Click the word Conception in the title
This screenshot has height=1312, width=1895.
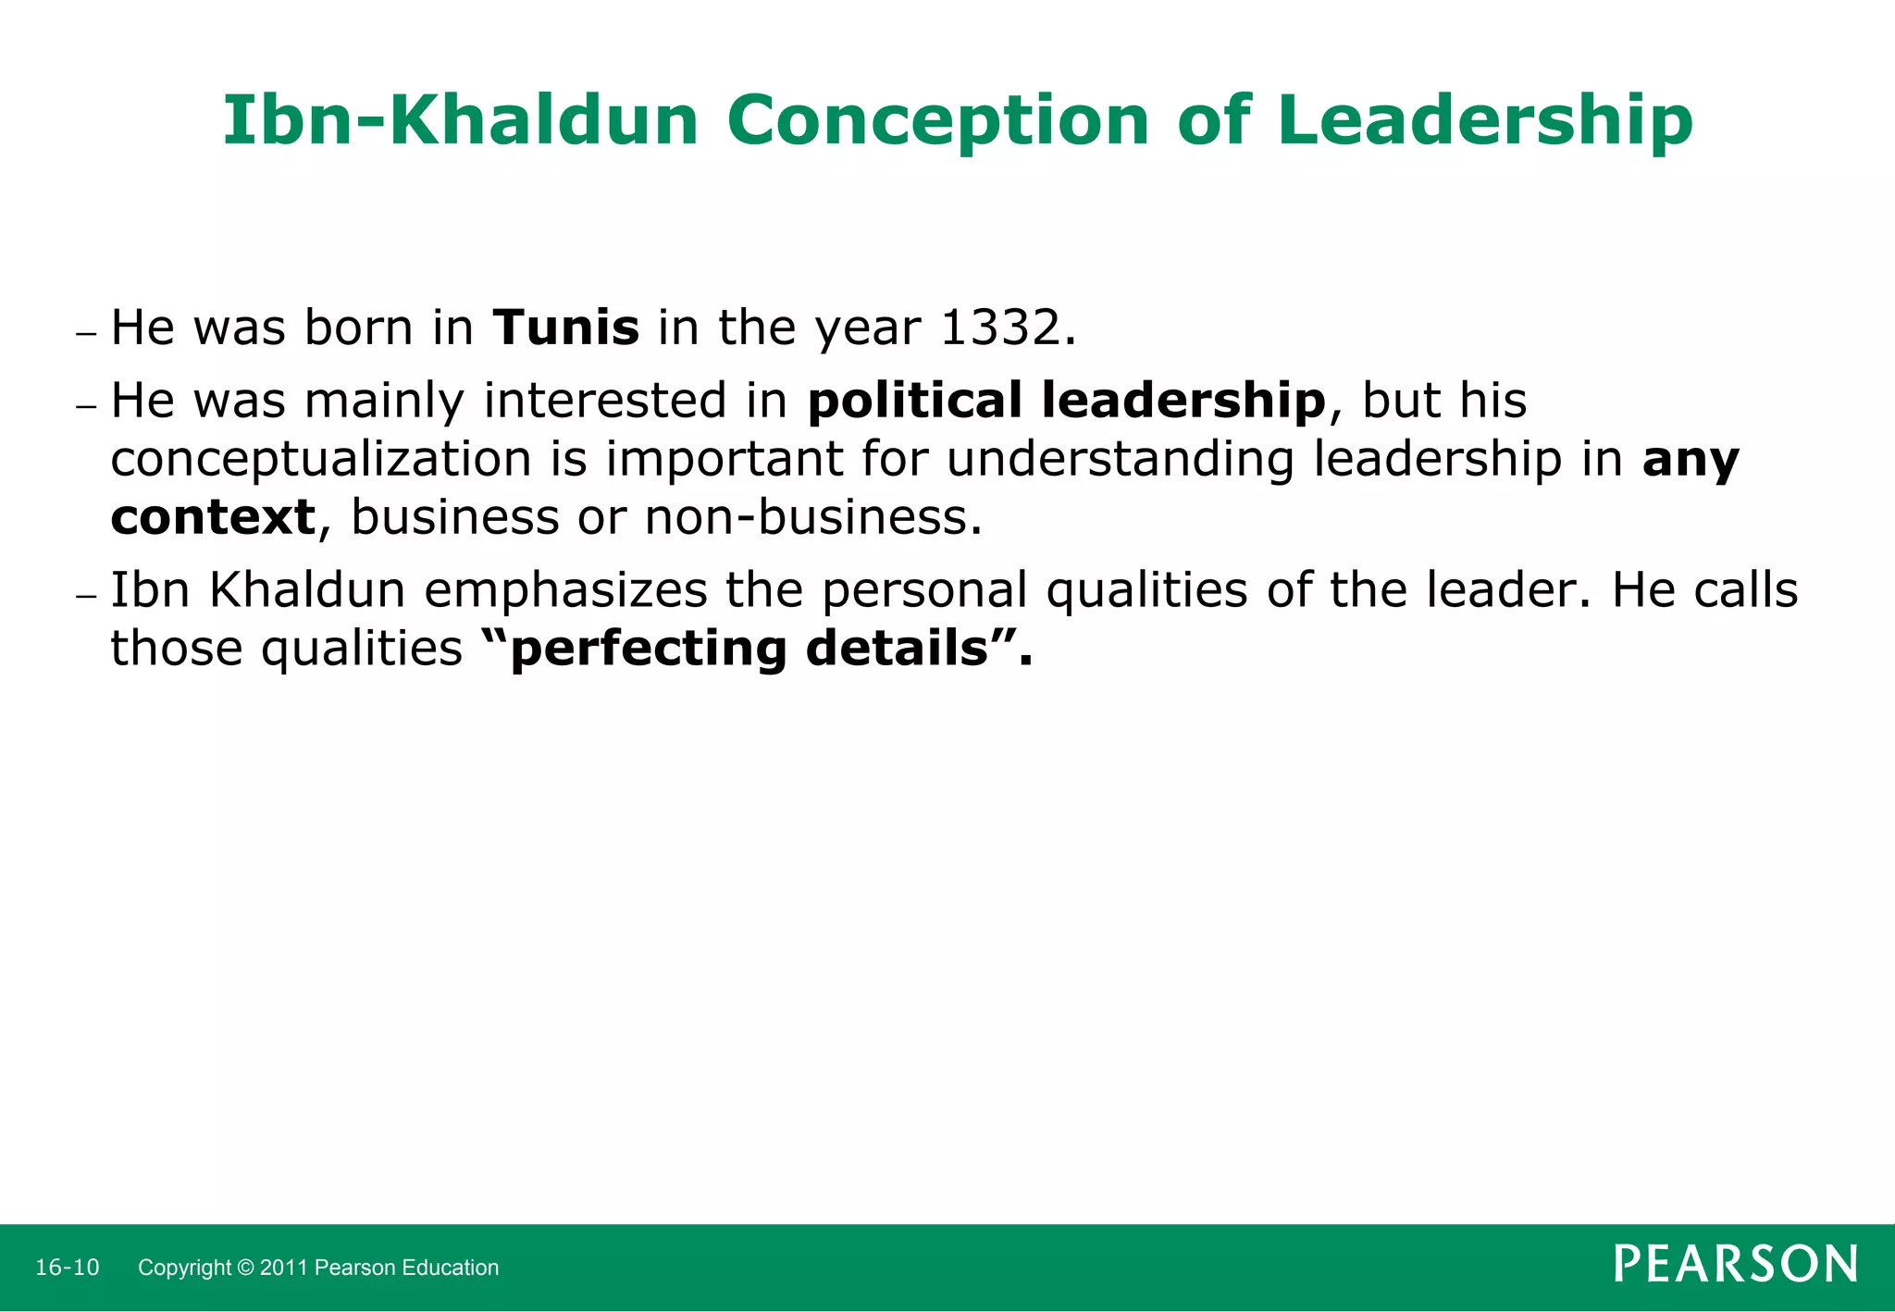[937, 121]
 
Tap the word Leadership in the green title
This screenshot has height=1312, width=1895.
[1484, 121]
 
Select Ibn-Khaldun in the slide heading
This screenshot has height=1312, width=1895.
[460, 121]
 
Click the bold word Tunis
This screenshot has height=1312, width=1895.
[565, 328]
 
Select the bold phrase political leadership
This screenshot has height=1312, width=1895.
[1066, 402]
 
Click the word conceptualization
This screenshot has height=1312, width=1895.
[320, 460]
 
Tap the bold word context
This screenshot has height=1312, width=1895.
[213, 517]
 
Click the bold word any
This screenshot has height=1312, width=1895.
[1691, 460]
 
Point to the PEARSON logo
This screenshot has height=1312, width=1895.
[1735, 1264]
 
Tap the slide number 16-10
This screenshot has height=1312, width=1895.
[67, 1268]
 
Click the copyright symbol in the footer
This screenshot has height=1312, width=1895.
[246, 1268]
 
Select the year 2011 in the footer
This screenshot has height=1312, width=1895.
[284, 1268]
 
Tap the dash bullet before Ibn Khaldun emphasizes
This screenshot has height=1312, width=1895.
[86, 596]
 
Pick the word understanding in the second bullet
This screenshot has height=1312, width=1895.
[1120, 460]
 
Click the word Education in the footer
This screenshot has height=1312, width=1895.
[454, 1268]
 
